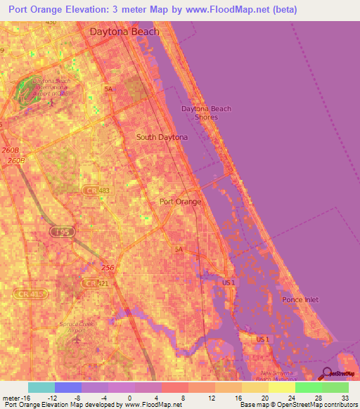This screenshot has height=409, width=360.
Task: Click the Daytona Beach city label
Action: click(124, 32)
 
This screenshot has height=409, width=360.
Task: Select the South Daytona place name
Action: click(162, 138)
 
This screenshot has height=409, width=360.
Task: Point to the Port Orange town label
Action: click(181, 202)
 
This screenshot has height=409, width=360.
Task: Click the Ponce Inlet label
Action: click(300, 300)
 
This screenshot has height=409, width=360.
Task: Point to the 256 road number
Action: click(108, 268)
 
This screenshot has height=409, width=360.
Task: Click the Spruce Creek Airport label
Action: click(75, 327)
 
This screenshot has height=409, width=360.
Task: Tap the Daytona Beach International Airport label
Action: click(48, 86)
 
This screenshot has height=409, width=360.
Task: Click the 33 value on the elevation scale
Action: click(345, 398)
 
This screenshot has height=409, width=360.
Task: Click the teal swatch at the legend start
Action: click(41, 387)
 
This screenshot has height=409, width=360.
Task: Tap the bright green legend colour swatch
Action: click(309, 387)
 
